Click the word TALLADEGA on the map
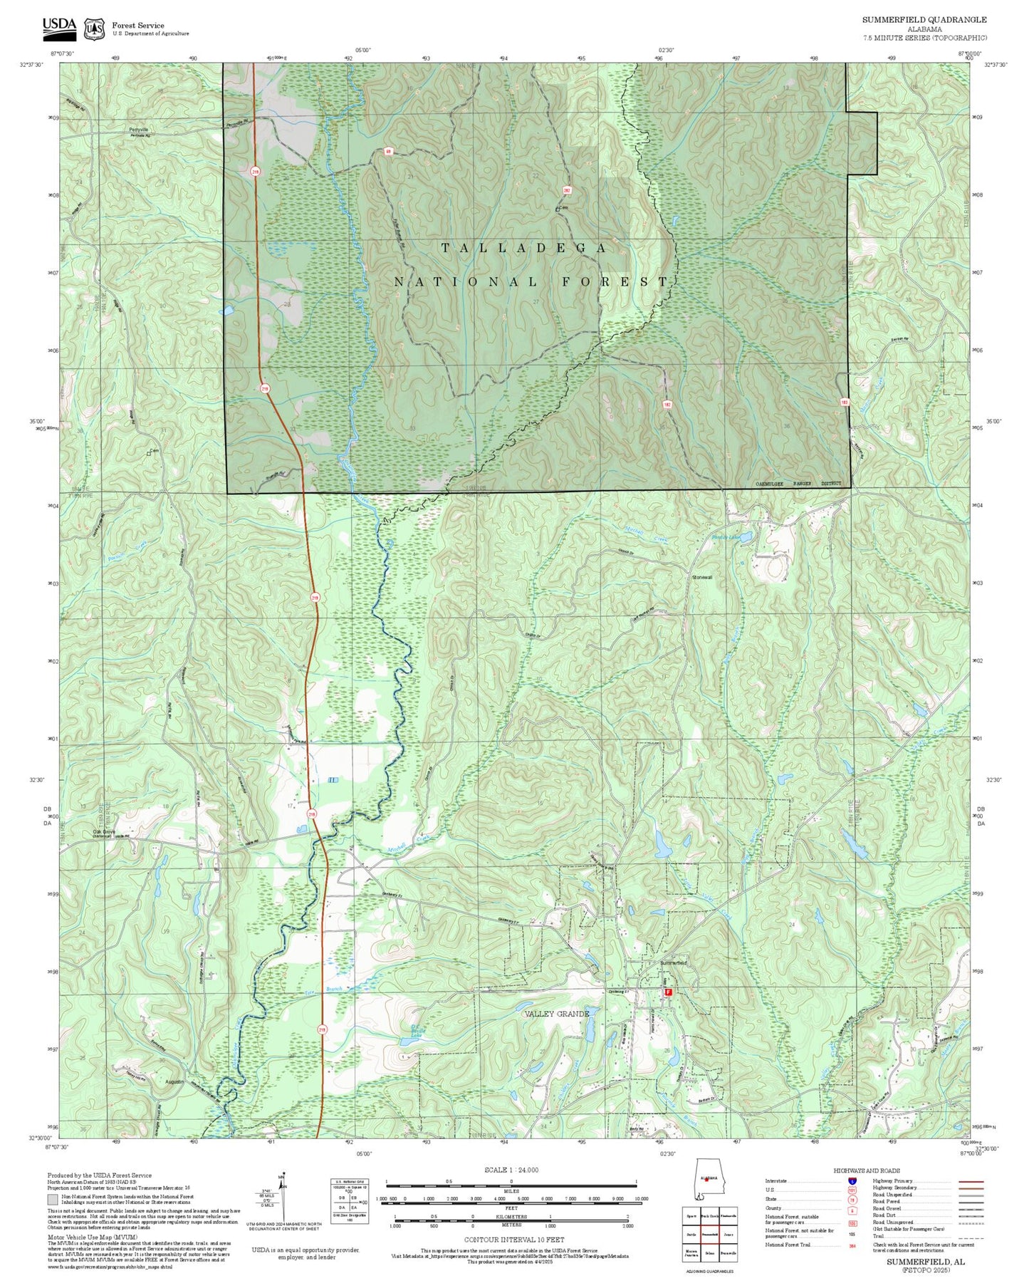coord(524,248)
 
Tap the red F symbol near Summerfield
coord(668,991)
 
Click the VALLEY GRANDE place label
coord(557,1013)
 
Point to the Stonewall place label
coord(702,577)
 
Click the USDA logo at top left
coord(59,26)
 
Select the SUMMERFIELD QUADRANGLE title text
coord(924,19)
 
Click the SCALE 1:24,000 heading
coord(511,1170)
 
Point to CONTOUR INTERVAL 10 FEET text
coord(511,1240)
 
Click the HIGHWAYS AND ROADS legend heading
coord(867,1170)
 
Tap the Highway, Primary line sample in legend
coord(968,1181)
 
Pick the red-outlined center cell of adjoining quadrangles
coord(708,1233)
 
